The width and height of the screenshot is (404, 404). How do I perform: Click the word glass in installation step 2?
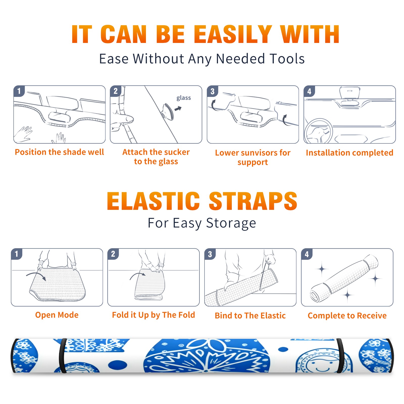184,98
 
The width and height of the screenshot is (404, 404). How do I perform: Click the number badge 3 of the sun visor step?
212,91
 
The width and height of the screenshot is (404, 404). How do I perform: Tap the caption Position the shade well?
59,152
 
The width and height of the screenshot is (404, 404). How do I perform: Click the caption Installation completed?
349,153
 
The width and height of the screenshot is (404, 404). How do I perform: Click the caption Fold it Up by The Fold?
154,315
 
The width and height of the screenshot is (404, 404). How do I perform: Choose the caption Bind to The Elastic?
250,316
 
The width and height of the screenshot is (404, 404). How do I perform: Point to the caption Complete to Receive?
347,316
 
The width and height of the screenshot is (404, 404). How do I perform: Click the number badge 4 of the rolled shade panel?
307,254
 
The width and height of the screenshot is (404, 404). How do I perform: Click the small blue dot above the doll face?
283,349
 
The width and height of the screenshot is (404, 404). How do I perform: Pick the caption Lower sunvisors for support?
253,157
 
